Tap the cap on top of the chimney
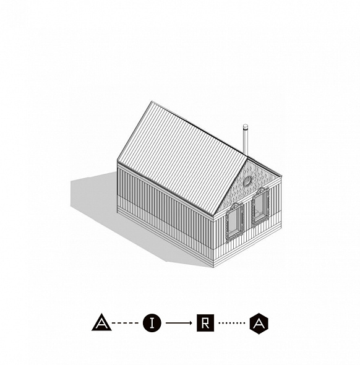pos(246,126)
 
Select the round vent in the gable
pos(247,181)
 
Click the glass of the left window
pos(233,221)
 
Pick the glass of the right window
pos(259,205)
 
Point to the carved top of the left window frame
pos(234,206)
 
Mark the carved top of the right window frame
pos(260,191)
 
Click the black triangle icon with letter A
pos(101,323)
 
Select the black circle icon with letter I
pos(152,323)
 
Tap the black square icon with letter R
pos(205,323)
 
